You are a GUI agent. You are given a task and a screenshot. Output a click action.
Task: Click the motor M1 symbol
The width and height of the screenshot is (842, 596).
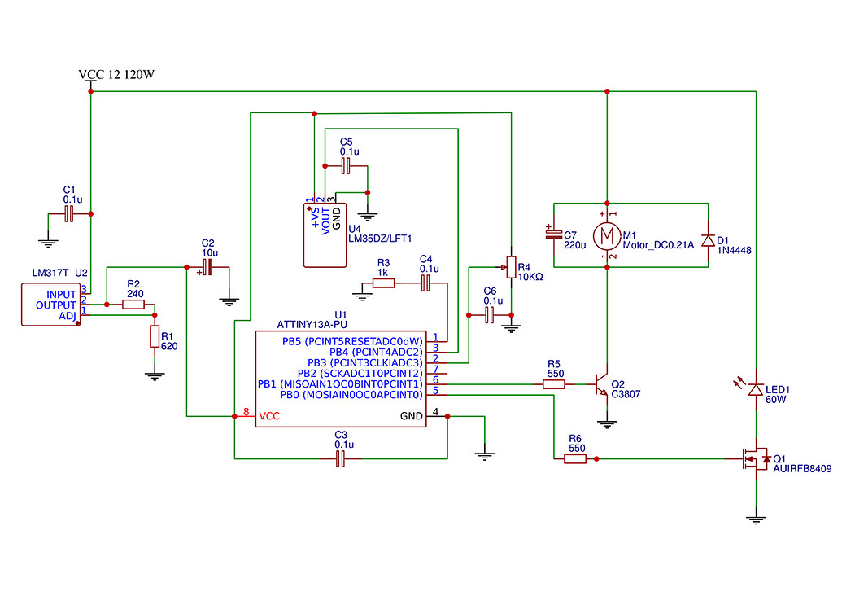606,236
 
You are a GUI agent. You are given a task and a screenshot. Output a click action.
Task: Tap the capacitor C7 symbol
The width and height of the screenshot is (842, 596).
553,234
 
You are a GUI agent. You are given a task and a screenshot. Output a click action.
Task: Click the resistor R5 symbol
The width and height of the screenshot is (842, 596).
554,383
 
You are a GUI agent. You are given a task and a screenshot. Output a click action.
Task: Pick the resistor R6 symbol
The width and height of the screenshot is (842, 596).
575,459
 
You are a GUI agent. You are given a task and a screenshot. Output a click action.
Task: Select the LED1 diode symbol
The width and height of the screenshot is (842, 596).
756,390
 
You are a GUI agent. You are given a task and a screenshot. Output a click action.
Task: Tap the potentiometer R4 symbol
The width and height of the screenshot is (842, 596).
511,265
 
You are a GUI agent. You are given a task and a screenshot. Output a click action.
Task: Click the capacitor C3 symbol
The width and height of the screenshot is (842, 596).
341,459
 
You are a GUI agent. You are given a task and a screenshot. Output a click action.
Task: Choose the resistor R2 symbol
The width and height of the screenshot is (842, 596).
133,305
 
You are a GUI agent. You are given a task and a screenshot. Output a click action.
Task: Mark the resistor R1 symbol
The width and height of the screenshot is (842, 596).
154,336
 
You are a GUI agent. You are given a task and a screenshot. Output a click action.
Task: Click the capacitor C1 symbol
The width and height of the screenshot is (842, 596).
69,214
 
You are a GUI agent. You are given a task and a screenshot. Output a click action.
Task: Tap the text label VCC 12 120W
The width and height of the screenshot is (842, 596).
116,75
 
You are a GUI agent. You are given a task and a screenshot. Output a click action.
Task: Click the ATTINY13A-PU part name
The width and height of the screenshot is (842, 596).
312,323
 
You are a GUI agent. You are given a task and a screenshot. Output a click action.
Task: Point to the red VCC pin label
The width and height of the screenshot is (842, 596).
268,416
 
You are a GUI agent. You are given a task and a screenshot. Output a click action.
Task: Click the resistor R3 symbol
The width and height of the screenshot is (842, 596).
383,283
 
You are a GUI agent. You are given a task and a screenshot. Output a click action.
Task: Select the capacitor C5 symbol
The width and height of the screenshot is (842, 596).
346,166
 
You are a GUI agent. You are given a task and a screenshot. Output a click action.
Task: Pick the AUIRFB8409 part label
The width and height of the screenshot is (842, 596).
802,470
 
